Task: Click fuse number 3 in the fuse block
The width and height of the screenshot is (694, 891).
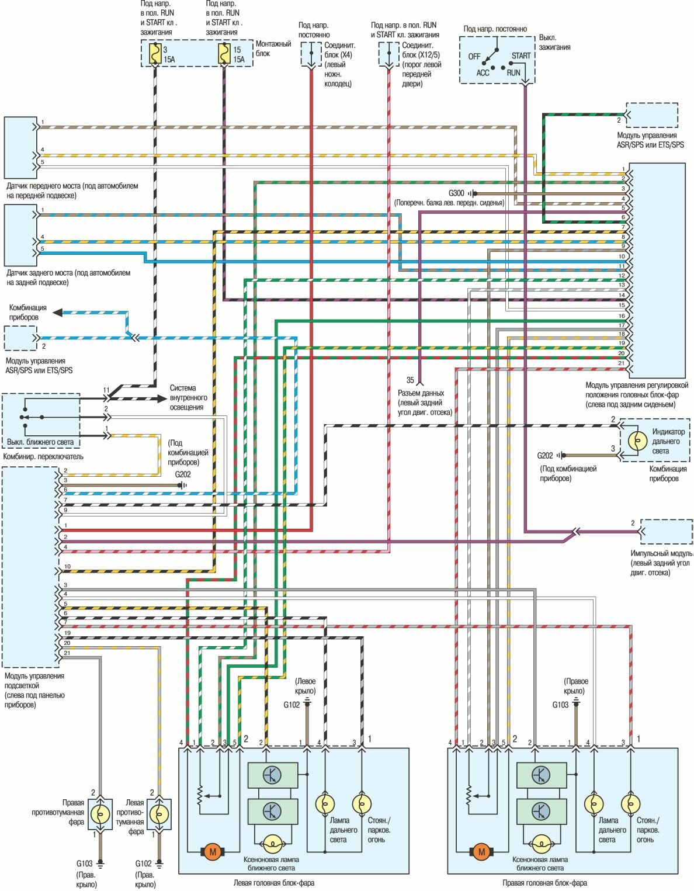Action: point(155,54)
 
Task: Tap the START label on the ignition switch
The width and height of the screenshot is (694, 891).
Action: point(521,56)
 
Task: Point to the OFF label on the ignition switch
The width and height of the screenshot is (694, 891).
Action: point(474,57)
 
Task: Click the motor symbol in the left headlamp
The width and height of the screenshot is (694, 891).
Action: point(213,852)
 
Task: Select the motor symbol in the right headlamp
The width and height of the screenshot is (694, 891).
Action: point(481,852)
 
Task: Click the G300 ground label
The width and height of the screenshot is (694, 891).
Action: point(456,193)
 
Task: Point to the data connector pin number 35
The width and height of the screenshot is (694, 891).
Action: point(410,380)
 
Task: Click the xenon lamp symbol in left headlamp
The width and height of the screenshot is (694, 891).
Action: point(272,843)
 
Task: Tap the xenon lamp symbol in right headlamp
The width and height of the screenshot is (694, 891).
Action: point(541,843)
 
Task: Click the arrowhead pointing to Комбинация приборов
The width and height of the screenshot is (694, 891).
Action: point(57,313)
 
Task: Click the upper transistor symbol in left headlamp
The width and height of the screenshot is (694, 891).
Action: point(272,775)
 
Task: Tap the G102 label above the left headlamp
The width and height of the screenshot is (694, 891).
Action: point(292,705)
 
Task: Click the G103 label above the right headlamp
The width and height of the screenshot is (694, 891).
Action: point(560,705)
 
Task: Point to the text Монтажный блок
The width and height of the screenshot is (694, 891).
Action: point(273,48)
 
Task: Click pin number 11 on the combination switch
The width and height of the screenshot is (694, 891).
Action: point(106,390)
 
